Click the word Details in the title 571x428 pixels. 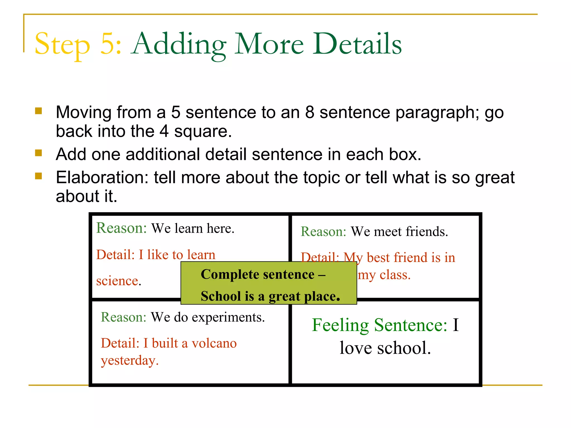tap(357, 44)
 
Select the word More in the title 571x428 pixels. tap(269, 44)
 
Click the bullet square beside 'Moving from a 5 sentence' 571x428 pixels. tap(38, 111)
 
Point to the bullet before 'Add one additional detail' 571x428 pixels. tap(38, 153)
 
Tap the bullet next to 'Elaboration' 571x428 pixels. tap(38, 176)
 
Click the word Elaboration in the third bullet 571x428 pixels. tap(102, 177)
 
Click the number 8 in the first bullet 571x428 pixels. tap(310, 112)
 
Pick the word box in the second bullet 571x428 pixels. tap(405, 154)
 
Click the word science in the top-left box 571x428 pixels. tap(117, 281)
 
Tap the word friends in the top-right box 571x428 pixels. tap(427, 231)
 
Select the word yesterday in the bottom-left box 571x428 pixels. tap(129, 361)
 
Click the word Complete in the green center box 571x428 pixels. tap(230, 274)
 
